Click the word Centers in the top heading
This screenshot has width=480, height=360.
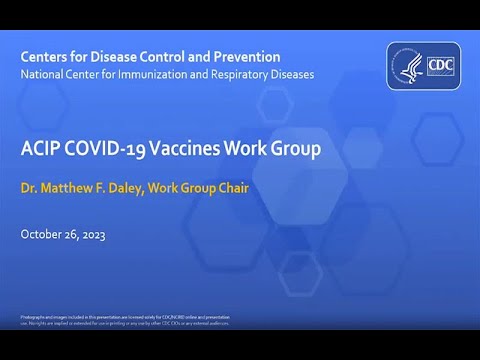[45, 57]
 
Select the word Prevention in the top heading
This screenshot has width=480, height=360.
[244, 57]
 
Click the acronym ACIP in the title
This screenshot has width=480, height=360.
[39, 152]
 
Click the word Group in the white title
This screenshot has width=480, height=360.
[294, 152]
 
